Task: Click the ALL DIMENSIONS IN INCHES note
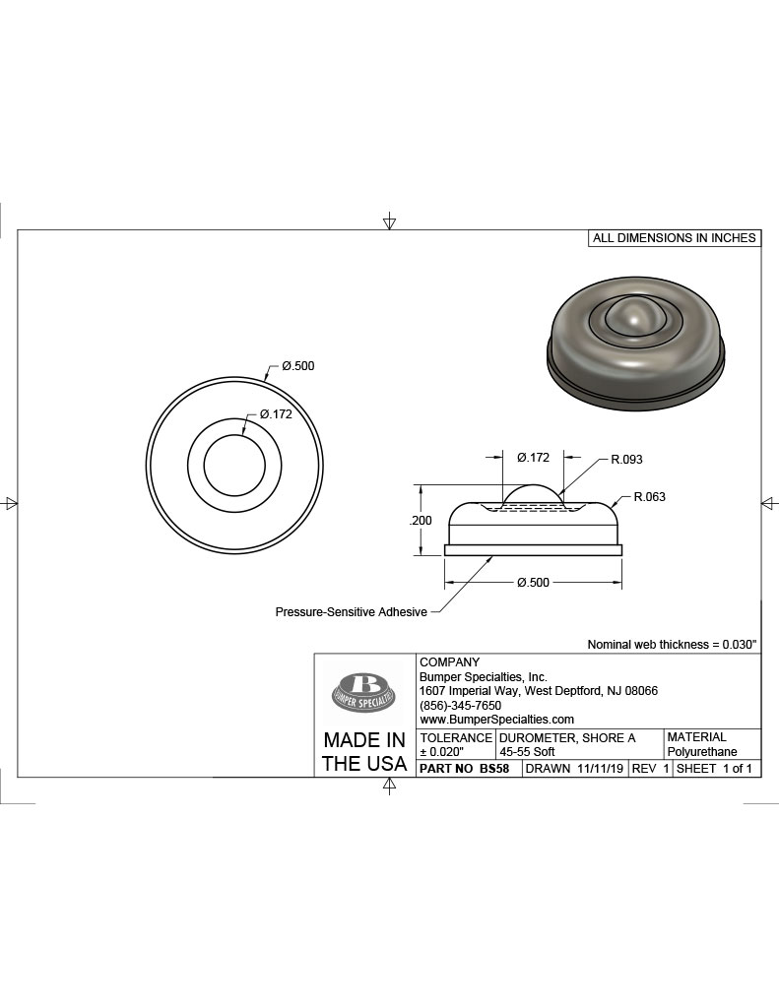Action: click(675, 238)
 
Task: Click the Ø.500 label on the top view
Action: click(297, 366)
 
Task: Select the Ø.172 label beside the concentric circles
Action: click(276, 414)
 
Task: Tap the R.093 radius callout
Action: click(626, 460)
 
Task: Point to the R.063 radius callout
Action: click(650, 497)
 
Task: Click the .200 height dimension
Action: click(421, 521)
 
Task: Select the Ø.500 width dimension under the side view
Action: click(533, 583)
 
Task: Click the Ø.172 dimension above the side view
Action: click(533, 457)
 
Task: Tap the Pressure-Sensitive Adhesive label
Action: click(352, 612)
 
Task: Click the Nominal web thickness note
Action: click(673, 644)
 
